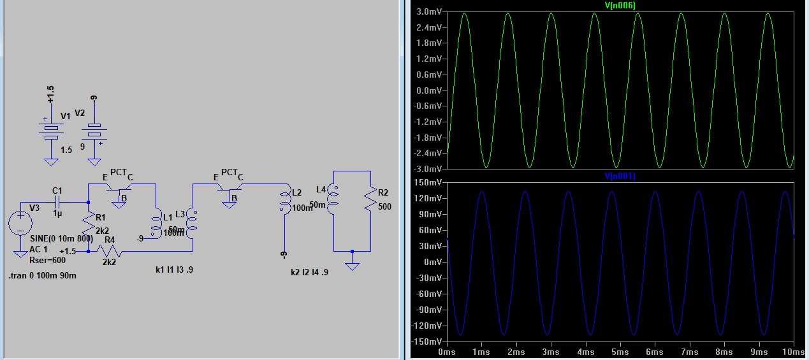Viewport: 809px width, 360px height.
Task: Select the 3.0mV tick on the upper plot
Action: (426, 12)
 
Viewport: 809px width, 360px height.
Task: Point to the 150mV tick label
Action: (426, 182)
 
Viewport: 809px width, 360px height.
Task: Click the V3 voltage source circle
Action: (20, 223)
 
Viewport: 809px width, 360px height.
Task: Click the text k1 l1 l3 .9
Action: (174, 270)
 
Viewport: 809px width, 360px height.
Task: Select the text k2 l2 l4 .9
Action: (309, 272)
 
